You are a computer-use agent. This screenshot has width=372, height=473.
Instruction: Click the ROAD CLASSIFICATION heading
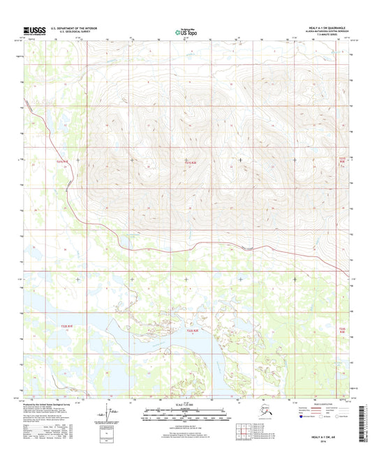315,405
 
